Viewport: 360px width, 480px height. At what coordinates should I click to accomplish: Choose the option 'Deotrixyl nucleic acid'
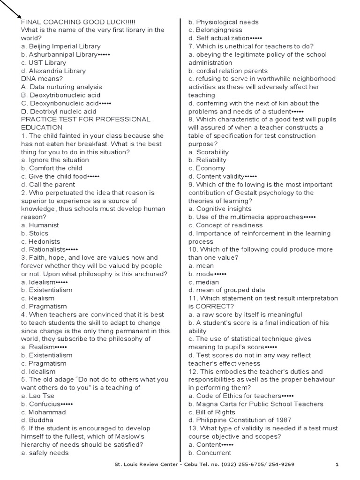(x=58, y=112)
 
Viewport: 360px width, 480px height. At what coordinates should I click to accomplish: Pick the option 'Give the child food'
(x=54, y=176)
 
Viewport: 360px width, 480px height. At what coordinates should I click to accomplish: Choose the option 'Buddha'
(x=37, y=420)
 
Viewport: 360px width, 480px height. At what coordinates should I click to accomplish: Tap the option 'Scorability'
(x=209, y=152)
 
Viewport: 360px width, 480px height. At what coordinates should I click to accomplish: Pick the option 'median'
(x=204, y=282)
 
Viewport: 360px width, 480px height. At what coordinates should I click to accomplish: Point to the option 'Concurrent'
(x=210, y=453)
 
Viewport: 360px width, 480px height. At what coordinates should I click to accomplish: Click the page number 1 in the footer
(x=337, y=465)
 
